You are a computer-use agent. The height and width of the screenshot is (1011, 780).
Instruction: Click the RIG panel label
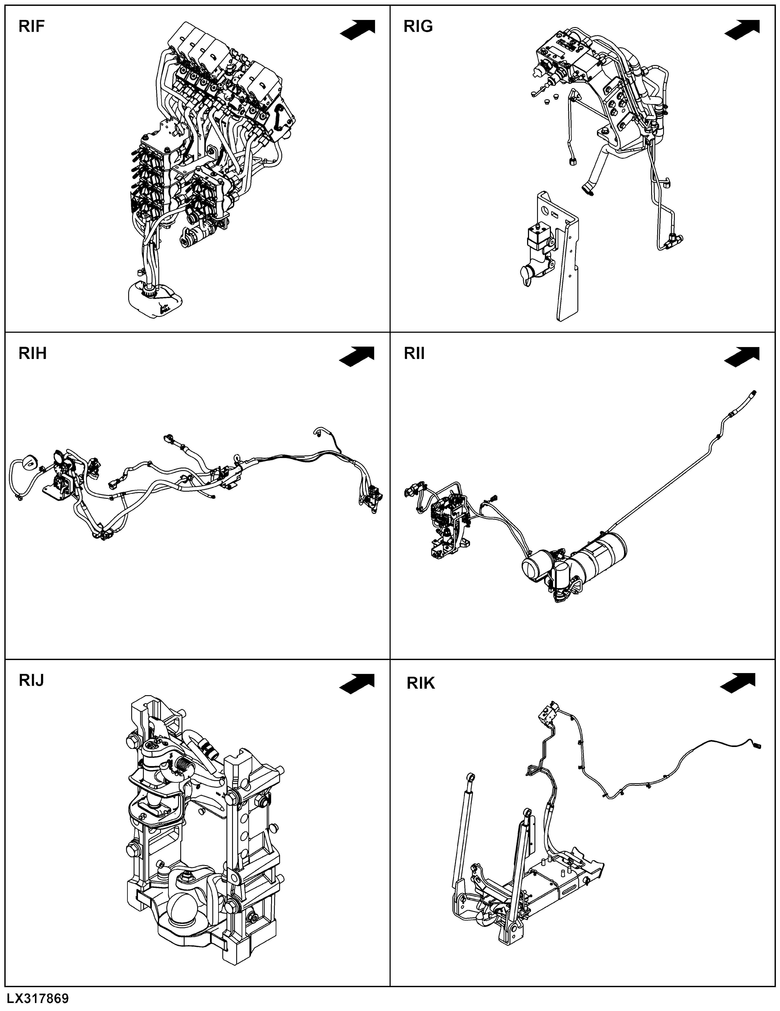pyautogui.click(x=418, y=26)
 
